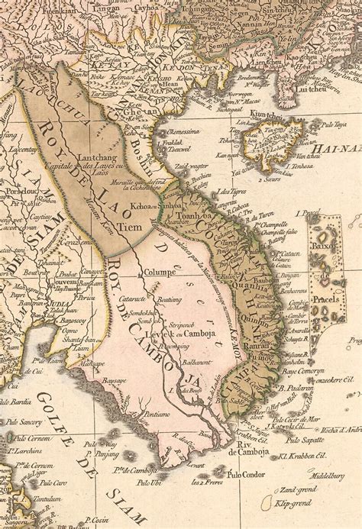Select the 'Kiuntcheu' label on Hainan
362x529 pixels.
pyautogui.click(x=268, y=115)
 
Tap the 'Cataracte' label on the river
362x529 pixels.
pyautogui.click(x=134, y=299)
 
